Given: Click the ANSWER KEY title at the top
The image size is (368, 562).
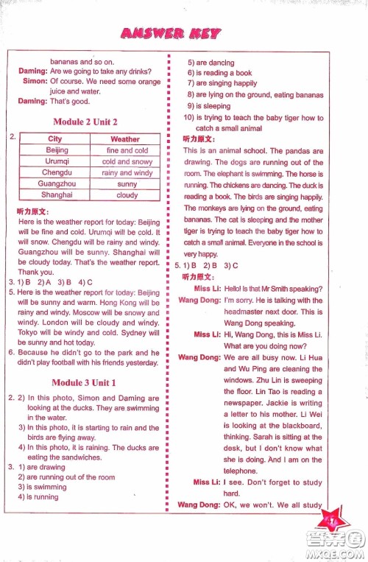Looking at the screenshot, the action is click(171, 32).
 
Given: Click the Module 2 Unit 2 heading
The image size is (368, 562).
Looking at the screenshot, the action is click(85, 122).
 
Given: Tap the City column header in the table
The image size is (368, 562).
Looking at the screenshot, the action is click(55, 138).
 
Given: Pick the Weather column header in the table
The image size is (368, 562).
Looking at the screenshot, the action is click(125, 138).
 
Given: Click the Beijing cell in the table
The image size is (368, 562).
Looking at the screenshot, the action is click(56, 150).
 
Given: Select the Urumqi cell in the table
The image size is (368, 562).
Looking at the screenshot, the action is click(56, 161).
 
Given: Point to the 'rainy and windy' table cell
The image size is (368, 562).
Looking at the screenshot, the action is click(127, 173).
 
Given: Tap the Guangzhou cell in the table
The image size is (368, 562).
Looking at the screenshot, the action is click(56, 184).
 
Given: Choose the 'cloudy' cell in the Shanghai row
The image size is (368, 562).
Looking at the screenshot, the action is click(127, 195).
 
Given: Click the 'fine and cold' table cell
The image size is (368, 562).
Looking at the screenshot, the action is click(127, 150).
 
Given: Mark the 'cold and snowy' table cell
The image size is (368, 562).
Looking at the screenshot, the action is click(127, 161).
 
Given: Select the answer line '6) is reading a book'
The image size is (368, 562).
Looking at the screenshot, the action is click(219, 73).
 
